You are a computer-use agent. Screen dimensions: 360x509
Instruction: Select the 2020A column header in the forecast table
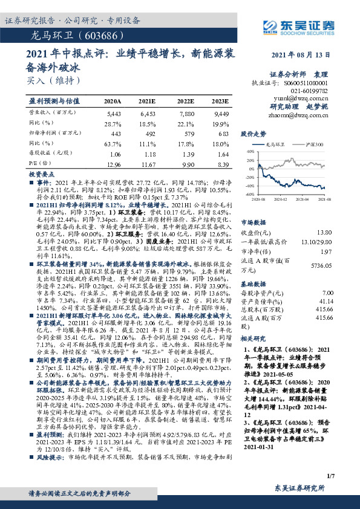coord(112,101)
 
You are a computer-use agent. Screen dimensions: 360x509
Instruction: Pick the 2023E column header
coord(220,101)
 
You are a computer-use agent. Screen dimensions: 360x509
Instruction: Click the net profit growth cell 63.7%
coord(113,144)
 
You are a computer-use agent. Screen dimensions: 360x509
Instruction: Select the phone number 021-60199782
coord(310,89)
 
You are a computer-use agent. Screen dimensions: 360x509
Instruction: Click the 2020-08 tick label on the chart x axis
coord(259,198)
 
